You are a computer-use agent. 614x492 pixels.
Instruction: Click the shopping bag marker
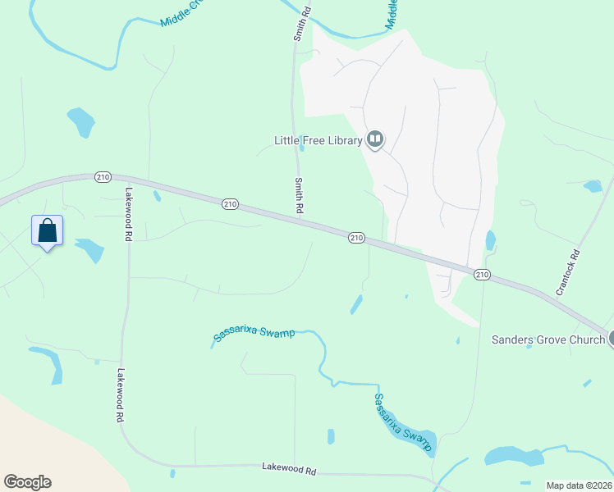[x=48, y=230]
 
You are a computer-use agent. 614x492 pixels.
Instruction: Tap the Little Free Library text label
[x=318, y=140]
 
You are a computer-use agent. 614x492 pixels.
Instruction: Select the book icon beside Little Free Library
[x=375, y=139]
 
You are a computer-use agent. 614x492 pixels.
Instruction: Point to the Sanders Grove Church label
[x=548, y=339]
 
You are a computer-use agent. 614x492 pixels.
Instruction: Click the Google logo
[x=27, y=482]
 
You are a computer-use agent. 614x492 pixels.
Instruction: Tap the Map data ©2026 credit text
[x=579, y=485]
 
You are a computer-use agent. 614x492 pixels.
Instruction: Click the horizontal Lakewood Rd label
[x=289, y=470]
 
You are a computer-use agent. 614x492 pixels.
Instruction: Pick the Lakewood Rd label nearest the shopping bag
[x=129, y=214]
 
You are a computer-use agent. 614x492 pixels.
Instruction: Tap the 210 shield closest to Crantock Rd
[x=482, y=274]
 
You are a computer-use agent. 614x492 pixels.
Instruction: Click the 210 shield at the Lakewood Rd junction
[x=103, y=176]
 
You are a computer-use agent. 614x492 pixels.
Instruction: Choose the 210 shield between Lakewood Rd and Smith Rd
[x=230, y=203]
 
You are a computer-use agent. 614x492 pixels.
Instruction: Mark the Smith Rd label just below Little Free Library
[x=300, y=197]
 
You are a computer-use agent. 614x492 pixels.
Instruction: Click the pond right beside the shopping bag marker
[x=89, y=249]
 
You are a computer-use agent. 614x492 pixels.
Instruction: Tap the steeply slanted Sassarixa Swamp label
[x=402, y=421]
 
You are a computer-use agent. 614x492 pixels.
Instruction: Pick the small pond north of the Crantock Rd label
[x=593, y=186]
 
